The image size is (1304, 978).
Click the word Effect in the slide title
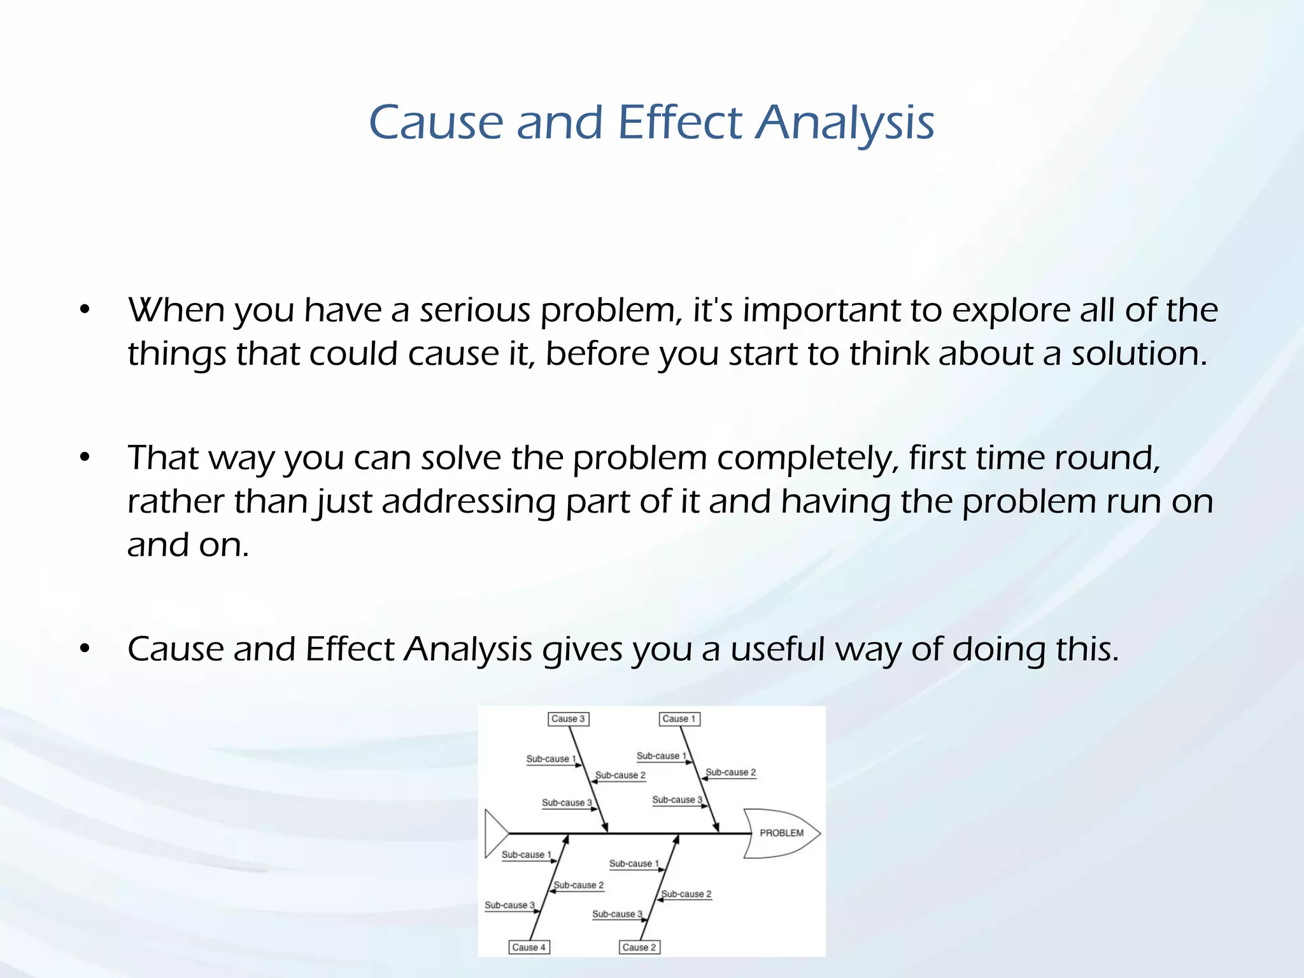tap(679, 122)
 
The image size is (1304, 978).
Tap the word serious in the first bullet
tap(474, 311)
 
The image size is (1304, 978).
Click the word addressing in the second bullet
tap(469, 502)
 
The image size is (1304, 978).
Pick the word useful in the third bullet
tap(777, 649)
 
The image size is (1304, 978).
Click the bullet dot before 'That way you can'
tap(85, 458)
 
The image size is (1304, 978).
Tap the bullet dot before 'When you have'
tap(85, 310)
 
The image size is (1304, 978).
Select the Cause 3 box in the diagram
tap(568, 719)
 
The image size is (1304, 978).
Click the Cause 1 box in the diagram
tap(679, 719)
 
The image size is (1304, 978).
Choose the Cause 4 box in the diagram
tap(528, 947)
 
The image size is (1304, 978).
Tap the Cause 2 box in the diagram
tap(639, 947)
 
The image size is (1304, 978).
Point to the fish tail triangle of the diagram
tap(495, 833)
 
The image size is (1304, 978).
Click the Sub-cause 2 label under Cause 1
tap(730, 772)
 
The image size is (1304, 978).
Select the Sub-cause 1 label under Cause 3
tap(551, 759)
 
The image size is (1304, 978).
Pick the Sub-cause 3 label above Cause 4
tap(509, 905)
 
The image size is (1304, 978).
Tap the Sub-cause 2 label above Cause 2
tap(686, 894)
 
